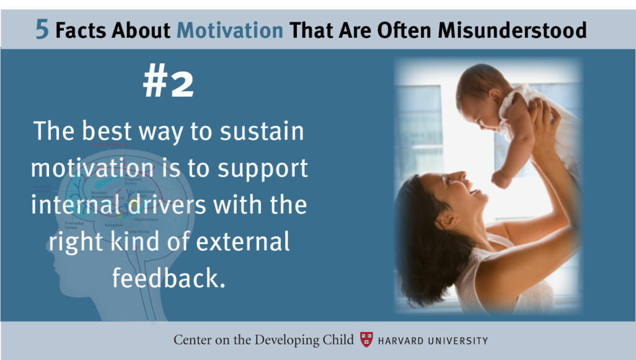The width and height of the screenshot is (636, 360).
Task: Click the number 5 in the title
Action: point(42,30)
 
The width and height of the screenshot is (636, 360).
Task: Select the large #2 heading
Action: point(168,83)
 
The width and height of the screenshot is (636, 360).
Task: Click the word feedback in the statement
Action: point(168,278)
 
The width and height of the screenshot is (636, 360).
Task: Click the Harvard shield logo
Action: point(367,340)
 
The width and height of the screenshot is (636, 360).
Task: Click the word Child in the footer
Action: point(337,340)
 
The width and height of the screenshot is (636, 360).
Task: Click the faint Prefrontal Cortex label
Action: point(74,225)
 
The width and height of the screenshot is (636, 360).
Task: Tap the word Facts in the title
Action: point(79,30)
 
